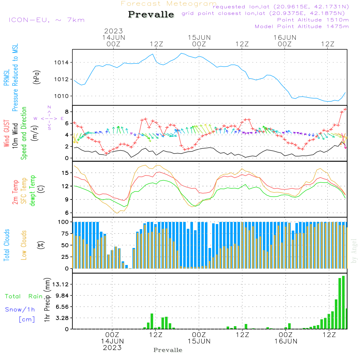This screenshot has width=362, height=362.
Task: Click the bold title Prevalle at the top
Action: click(151, 14)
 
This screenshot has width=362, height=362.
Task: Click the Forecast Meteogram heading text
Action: click(169, 4)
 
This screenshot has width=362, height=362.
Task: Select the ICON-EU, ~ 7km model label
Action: click(46, 20)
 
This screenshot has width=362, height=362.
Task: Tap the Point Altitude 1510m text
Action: click(313, 20)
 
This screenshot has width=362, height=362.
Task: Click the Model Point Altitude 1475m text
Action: click(302, 26)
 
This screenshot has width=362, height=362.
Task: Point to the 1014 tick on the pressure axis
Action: click(60, 63)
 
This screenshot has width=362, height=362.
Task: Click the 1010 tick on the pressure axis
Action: click(60, 96)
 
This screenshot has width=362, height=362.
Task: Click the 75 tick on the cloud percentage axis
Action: click(64, 233)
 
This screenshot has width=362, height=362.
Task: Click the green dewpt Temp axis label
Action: click(32, 191)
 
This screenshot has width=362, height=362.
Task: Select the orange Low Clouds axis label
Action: click(24, 244)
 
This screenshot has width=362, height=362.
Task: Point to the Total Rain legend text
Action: click(24, 296)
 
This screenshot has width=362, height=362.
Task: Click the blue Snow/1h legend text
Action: click(20, 310)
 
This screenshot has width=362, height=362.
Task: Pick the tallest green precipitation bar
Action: click(343, 302)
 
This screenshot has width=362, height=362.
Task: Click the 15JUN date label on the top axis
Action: click(199, 37)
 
